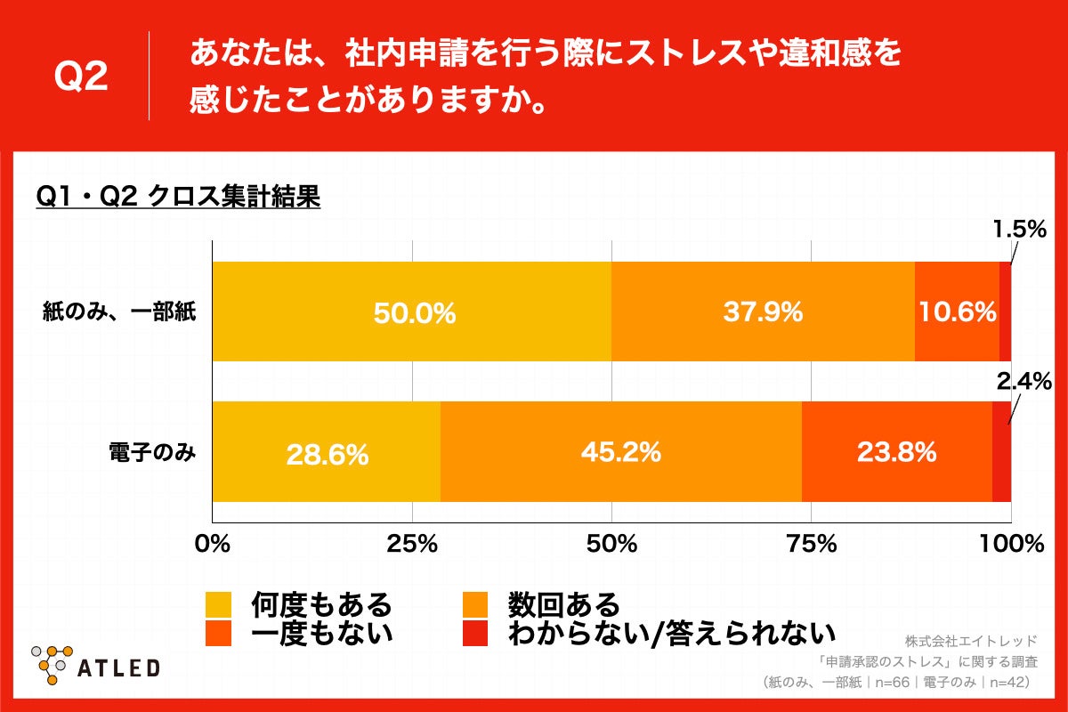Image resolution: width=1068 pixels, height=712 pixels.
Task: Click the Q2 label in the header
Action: click(x=81, y=77)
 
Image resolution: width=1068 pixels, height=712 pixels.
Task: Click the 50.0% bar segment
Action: click(x=411, y=311)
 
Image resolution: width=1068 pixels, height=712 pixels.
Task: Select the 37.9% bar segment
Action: click(x=763, y=311)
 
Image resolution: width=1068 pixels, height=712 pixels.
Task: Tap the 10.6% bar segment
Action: click(x=957, y=311)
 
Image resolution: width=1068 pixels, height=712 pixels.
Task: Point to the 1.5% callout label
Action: click(x=1019, y=230)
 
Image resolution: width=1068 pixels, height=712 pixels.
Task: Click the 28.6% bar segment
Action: click(x=326, y=452)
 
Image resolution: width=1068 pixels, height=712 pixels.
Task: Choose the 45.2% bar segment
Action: click(x=620, y=452)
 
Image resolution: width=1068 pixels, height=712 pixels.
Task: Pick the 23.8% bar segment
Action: click(x=896, y=452)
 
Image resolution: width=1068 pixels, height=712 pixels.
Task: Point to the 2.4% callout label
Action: click(x=1023, y=382)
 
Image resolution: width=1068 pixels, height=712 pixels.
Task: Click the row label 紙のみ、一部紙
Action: click(x=119, y=312)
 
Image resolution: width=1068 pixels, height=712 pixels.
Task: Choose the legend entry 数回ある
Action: click(x=562, y=605)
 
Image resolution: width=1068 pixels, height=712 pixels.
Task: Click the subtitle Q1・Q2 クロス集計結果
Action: click(x=177, y=196)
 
